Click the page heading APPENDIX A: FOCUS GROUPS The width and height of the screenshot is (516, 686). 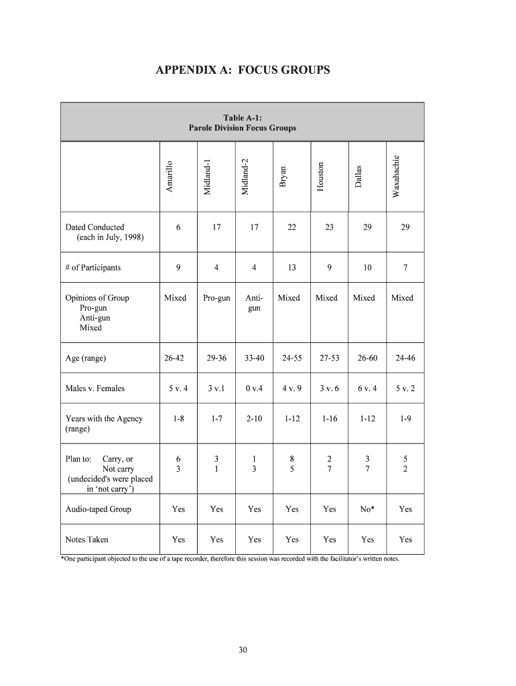click(243, 70)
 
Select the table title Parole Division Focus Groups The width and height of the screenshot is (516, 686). click(242, 128)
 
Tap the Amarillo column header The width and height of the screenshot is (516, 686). click(170, 177)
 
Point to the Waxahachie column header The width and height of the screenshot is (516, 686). click(396, 176)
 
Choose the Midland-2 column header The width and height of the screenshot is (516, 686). click(245, 176)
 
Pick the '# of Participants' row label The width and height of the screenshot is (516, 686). click(93, 268)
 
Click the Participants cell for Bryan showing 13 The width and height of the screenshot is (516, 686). click(292, 268)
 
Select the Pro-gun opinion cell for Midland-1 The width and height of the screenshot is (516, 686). click(216, 298)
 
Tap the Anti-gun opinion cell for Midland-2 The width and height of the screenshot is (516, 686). click(254, 303)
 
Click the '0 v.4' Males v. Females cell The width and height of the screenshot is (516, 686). click(254, 389)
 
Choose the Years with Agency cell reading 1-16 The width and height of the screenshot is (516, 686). click(330, 419)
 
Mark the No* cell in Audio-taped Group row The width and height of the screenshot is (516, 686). click(367, 509)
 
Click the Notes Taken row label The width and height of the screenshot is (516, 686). click(86, 539)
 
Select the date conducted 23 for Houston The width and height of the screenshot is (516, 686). click(329, 228)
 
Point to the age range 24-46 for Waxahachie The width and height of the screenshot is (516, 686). click(405, 358)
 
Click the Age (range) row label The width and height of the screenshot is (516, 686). click(85, 358)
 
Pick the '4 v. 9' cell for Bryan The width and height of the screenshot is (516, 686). click(292, 389)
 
